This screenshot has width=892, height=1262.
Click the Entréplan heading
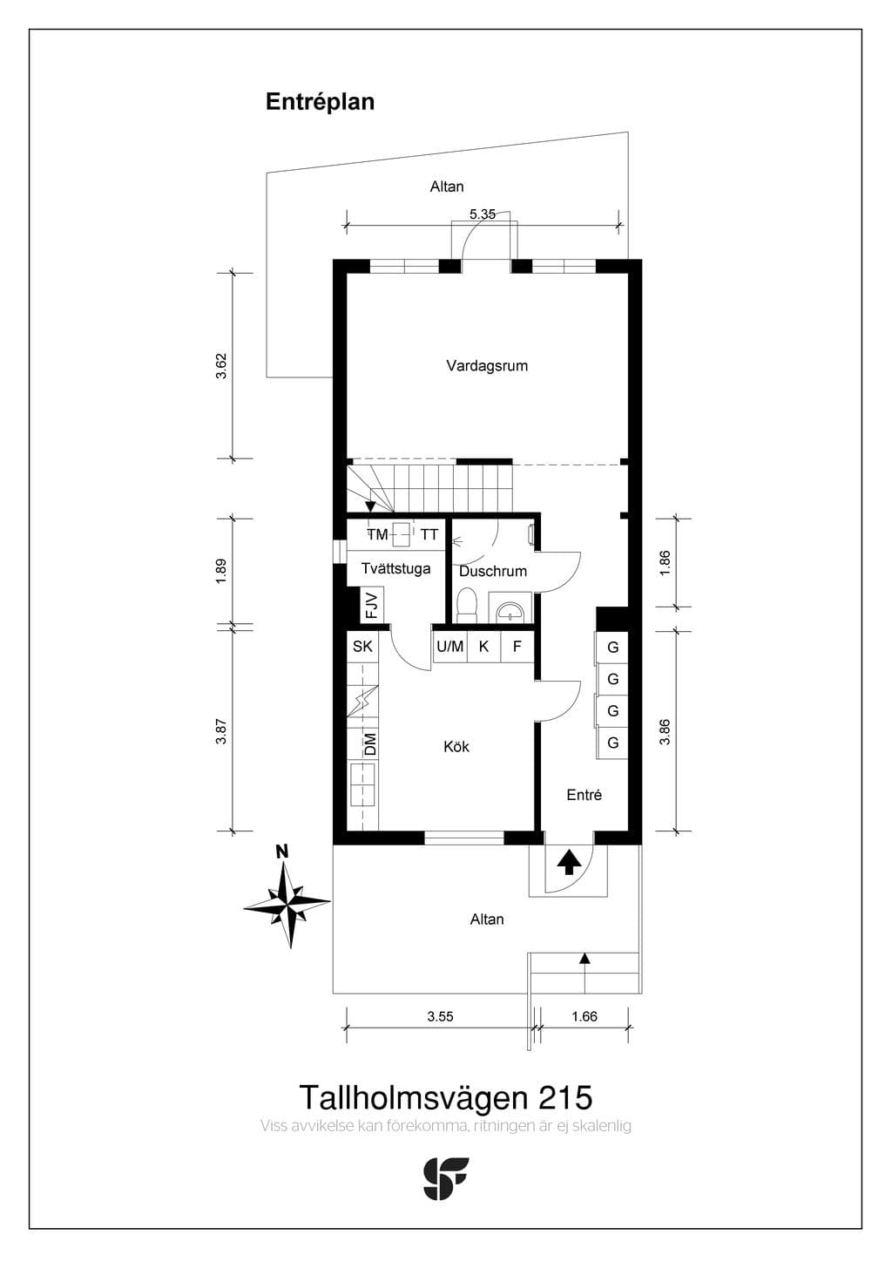tap(320, 103)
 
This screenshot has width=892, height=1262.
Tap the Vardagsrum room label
tap(487, 366)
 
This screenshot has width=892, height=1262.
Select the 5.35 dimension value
tap(482, 214)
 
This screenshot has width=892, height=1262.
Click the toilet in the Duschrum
tap(467, 605)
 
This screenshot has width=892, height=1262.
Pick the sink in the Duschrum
tap(510, 608)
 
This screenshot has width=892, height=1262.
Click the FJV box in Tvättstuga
tap(372, 605)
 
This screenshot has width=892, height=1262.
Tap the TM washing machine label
tap(378, 534)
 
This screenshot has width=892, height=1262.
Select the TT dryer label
tap(429, 534)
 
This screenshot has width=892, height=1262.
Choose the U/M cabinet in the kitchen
tap(450, 647)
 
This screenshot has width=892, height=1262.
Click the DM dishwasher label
tap(370, 743)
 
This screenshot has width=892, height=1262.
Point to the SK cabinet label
tap(362, 646)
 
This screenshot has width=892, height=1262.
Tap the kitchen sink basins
tap(362, 785)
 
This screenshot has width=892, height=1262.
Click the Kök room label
tap(456, 747)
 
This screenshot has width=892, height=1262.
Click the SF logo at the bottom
tap(446, 1178)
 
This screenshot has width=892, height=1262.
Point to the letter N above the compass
tap(282, 852)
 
